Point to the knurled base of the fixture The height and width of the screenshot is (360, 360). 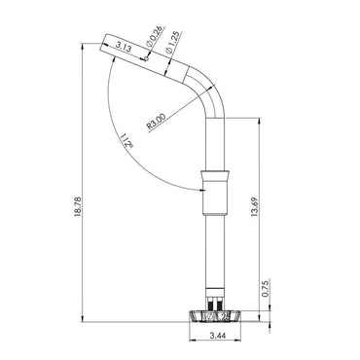click(x=214, y=316)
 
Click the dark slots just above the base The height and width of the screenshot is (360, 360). click(x=215, y=303)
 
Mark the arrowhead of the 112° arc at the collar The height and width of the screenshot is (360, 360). click(x=198, y=188)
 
